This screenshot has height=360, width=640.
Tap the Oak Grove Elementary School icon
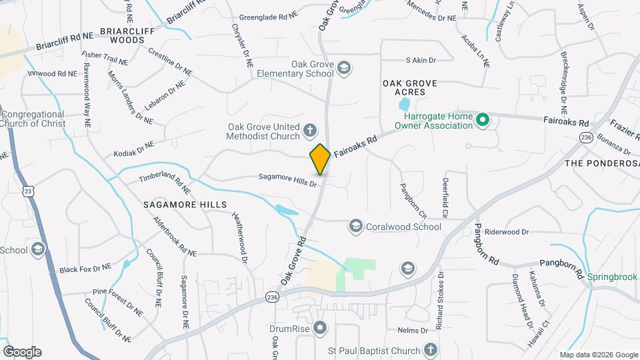(344, 68)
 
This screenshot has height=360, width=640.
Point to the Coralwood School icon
(355, 227)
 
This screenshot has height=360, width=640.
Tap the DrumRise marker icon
(321, 328)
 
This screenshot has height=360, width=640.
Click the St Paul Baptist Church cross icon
(430, 350)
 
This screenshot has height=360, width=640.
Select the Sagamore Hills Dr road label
(288, 177)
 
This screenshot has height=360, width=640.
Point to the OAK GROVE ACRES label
(409, 88)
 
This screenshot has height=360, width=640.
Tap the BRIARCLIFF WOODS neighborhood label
(122, 35)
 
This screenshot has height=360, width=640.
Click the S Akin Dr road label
(421, 60)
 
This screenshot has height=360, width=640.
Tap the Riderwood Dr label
(506, 232)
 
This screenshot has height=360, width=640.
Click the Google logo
(22, 351)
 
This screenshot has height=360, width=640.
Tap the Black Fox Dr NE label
(85, 269)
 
